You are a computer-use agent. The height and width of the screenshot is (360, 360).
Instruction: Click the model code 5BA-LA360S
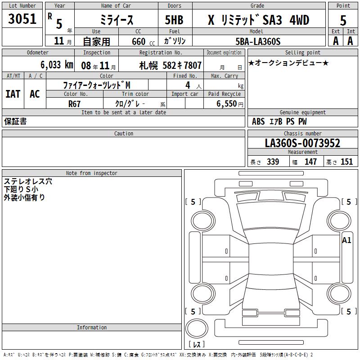pyautogui.click(x=258, y=41)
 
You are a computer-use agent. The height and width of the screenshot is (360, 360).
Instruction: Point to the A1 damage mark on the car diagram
pyautogui.click(x=346, y=240)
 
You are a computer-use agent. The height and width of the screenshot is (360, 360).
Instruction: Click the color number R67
pyautogui.click(x=75, y=103)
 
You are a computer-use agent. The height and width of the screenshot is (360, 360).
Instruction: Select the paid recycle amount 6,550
pyautogui.click(x=226, y=103)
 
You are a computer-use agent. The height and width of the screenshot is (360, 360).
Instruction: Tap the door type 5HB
pyautogui.click(x=174, y=20)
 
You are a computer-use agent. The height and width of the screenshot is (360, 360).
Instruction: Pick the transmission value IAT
pyautogui.click(x=13, y=94)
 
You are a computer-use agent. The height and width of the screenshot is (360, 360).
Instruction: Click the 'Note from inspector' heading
pyautogui.click(x=91, y=173)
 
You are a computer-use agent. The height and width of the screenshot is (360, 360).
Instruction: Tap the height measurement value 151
pyautogui.click(x=346, y=162)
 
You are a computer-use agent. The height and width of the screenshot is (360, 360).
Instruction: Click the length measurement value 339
pyautogui.click(x=273, y=162)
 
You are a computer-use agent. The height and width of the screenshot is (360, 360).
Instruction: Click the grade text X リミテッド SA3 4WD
pyautogui.click(x=258, y=20)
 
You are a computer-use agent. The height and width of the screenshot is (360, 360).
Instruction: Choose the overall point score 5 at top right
pyautogui.click(x=343, y=20)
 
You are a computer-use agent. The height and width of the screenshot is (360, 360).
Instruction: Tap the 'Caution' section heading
pyautogui.click(x=123, y=134)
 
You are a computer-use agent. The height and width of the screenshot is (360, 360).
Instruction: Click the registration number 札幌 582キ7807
pyautogui.click(x=170, y=65)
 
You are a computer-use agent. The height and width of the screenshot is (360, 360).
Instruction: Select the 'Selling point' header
pyautogui.click(x=302, y=53)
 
